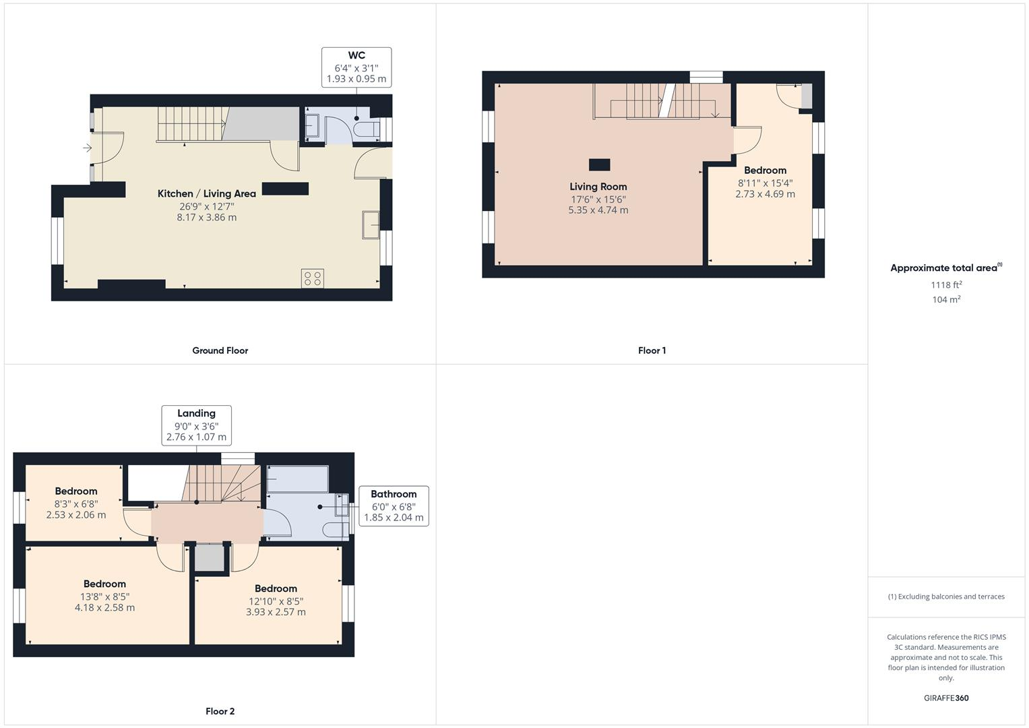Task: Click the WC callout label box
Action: (x=356, y=67)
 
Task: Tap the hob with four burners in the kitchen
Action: (x=313, y=278)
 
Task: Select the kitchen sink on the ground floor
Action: (x=371, y=224)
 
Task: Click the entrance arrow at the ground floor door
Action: (x=88, y=148)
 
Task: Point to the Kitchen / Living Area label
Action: (x=207, y=193)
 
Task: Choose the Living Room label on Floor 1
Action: (x=598, y=187)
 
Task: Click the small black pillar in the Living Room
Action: (x=599, y=164)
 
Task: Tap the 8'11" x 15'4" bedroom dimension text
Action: (x=765, y=183)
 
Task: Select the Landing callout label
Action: (x=196, y=413)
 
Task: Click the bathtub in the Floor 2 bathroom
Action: (x=297, y=479)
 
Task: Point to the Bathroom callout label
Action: (x=394, y=494)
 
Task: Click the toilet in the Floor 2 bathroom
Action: (x=336, y=530)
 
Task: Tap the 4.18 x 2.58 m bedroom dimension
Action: (x=104, y=607)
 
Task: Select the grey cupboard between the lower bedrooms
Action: (x=209, y=558)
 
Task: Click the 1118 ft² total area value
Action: (x=946, y=284)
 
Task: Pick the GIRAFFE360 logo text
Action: (x=946, y=698)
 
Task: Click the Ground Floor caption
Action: (x=220, y=351)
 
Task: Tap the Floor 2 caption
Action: (x=220, y=711)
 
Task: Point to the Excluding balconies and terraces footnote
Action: (x=946, y=597)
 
